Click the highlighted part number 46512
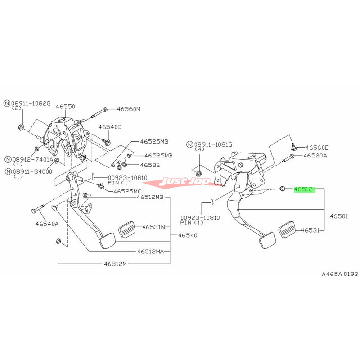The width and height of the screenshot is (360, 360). pyautogui.click(x=304, y=190)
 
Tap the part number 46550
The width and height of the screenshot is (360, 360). pyautogui.click(x=65, y=107)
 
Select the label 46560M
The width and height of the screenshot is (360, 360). pyautogui.click(x=129, y=109)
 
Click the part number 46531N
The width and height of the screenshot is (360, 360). pyautogui.click(x=154, y=227)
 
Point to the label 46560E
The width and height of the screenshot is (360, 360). pyautogui.click(x=317, y=147)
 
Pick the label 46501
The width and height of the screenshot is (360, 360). pyautogui.click(x=339, y=216)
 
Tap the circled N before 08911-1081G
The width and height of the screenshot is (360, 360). pyautogui.click(x=191, y=144)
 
